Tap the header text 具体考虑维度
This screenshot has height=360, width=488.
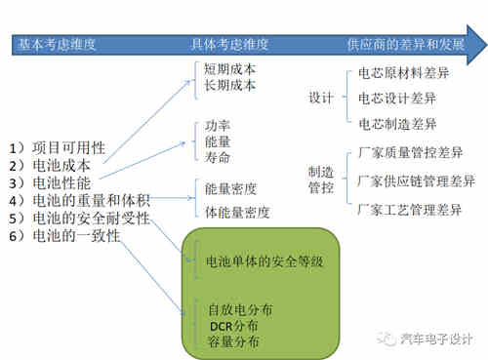(228, 45)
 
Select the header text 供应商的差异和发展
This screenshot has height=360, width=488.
(404, 45)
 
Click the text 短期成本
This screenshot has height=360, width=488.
(230, 68)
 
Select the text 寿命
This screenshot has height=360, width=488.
(218, 156)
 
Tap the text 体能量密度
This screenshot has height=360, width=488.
(237, 211)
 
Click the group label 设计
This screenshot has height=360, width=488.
(320, 99)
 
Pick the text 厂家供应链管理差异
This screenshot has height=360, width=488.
(417, 180)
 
